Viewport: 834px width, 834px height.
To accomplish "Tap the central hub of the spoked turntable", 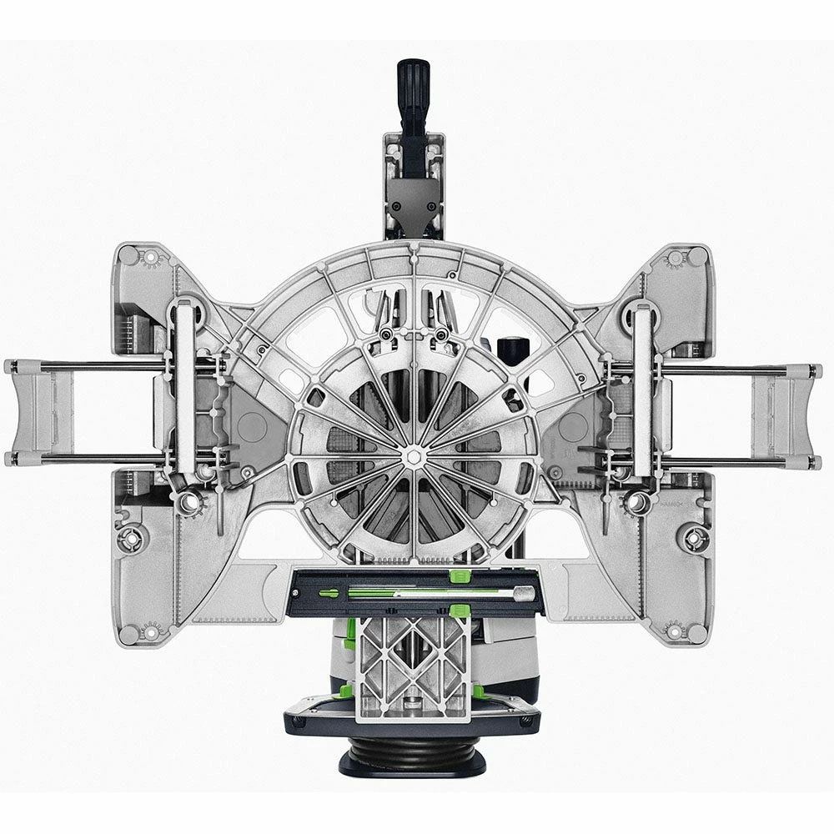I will coord(414,457).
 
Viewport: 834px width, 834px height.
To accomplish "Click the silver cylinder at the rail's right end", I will coord(524,593).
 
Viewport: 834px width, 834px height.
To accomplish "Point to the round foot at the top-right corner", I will coord(697,255).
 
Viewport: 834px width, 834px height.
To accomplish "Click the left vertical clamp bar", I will coord(185,392).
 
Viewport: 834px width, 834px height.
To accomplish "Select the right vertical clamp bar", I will coord(642,392).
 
